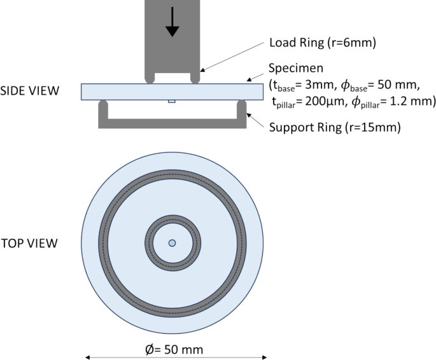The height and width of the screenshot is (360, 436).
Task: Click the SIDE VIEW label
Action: tap(30, 91)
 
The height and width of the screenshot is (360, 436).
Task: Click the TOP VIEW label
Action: tap(29, 243)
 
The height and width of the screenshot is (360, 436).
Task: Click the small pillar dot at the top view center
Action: tap(172, 243)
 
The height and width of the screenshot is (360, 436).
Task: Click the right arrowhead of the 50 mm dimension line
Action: tap(256, 357)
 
